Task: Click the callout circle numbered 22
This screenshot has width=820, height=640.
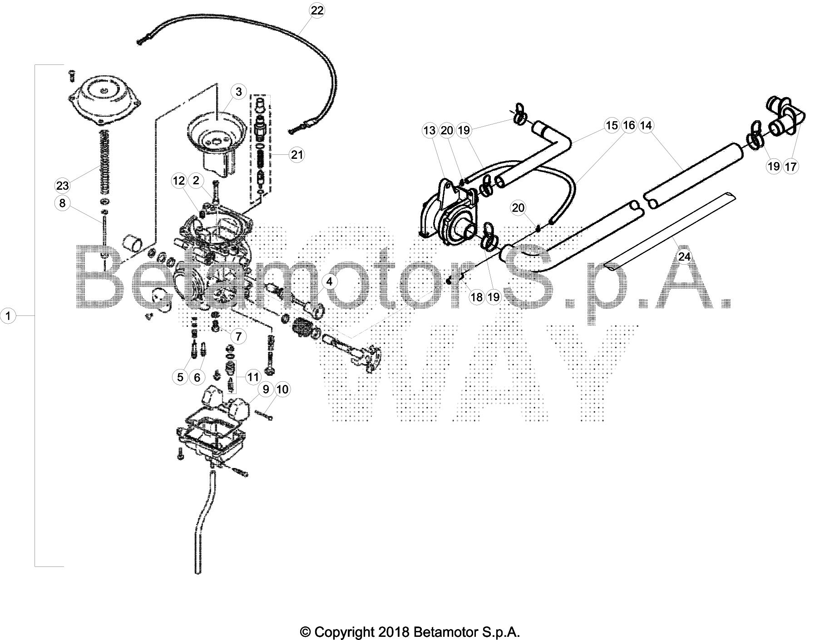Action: [317, 10]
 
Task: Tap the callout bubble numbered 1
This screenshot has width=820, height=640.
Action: [8, 315]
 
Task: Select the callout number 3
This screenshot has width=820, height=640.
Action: [239, 92]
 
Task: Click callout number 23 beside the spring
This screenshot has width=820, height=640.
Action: [62, 185]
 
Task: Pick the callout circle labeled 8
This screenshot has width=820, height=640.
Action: [62, 203]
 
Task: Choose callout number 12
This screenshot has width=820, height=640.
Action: [179, 181]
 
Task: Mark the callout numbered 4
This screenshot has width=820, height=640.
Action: [329, 281]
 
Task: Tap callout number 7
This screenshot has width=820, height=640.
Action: [238, 336]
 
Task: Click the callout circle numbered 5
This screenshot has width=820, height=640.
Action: [180, 377]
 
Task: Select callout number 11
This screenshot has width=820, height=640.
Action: [252, 377]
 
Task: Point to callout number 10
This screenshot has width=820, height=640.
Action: [282, 389]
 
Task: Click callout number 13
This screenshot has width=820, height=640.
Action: [429, 131]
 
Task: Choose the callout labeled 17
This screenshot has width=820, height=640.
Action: [790, 167]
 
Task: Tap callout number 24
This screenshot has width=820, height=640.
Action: [684, 257]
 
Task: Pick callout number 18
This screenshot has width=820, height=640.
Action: [477, 297]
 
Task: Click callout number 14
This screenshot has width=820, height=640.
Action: [646, 125]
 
